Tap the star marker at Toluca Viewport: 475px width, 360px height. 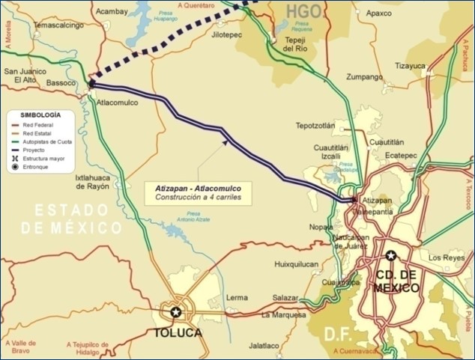coord(176,312)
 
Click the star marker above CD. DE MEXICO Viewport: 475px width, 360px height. coord(390,256)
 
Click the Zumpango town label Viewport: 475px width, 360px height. coord(366,77)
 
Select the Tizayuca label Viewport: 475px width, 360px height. coord(410,65)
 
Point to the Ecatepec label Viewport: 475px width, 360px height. coord(399,156)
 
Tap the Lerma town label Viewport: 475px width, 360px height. coord(236,297)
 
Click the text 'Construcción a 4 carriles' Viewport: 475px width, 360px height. coord(199,198)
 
